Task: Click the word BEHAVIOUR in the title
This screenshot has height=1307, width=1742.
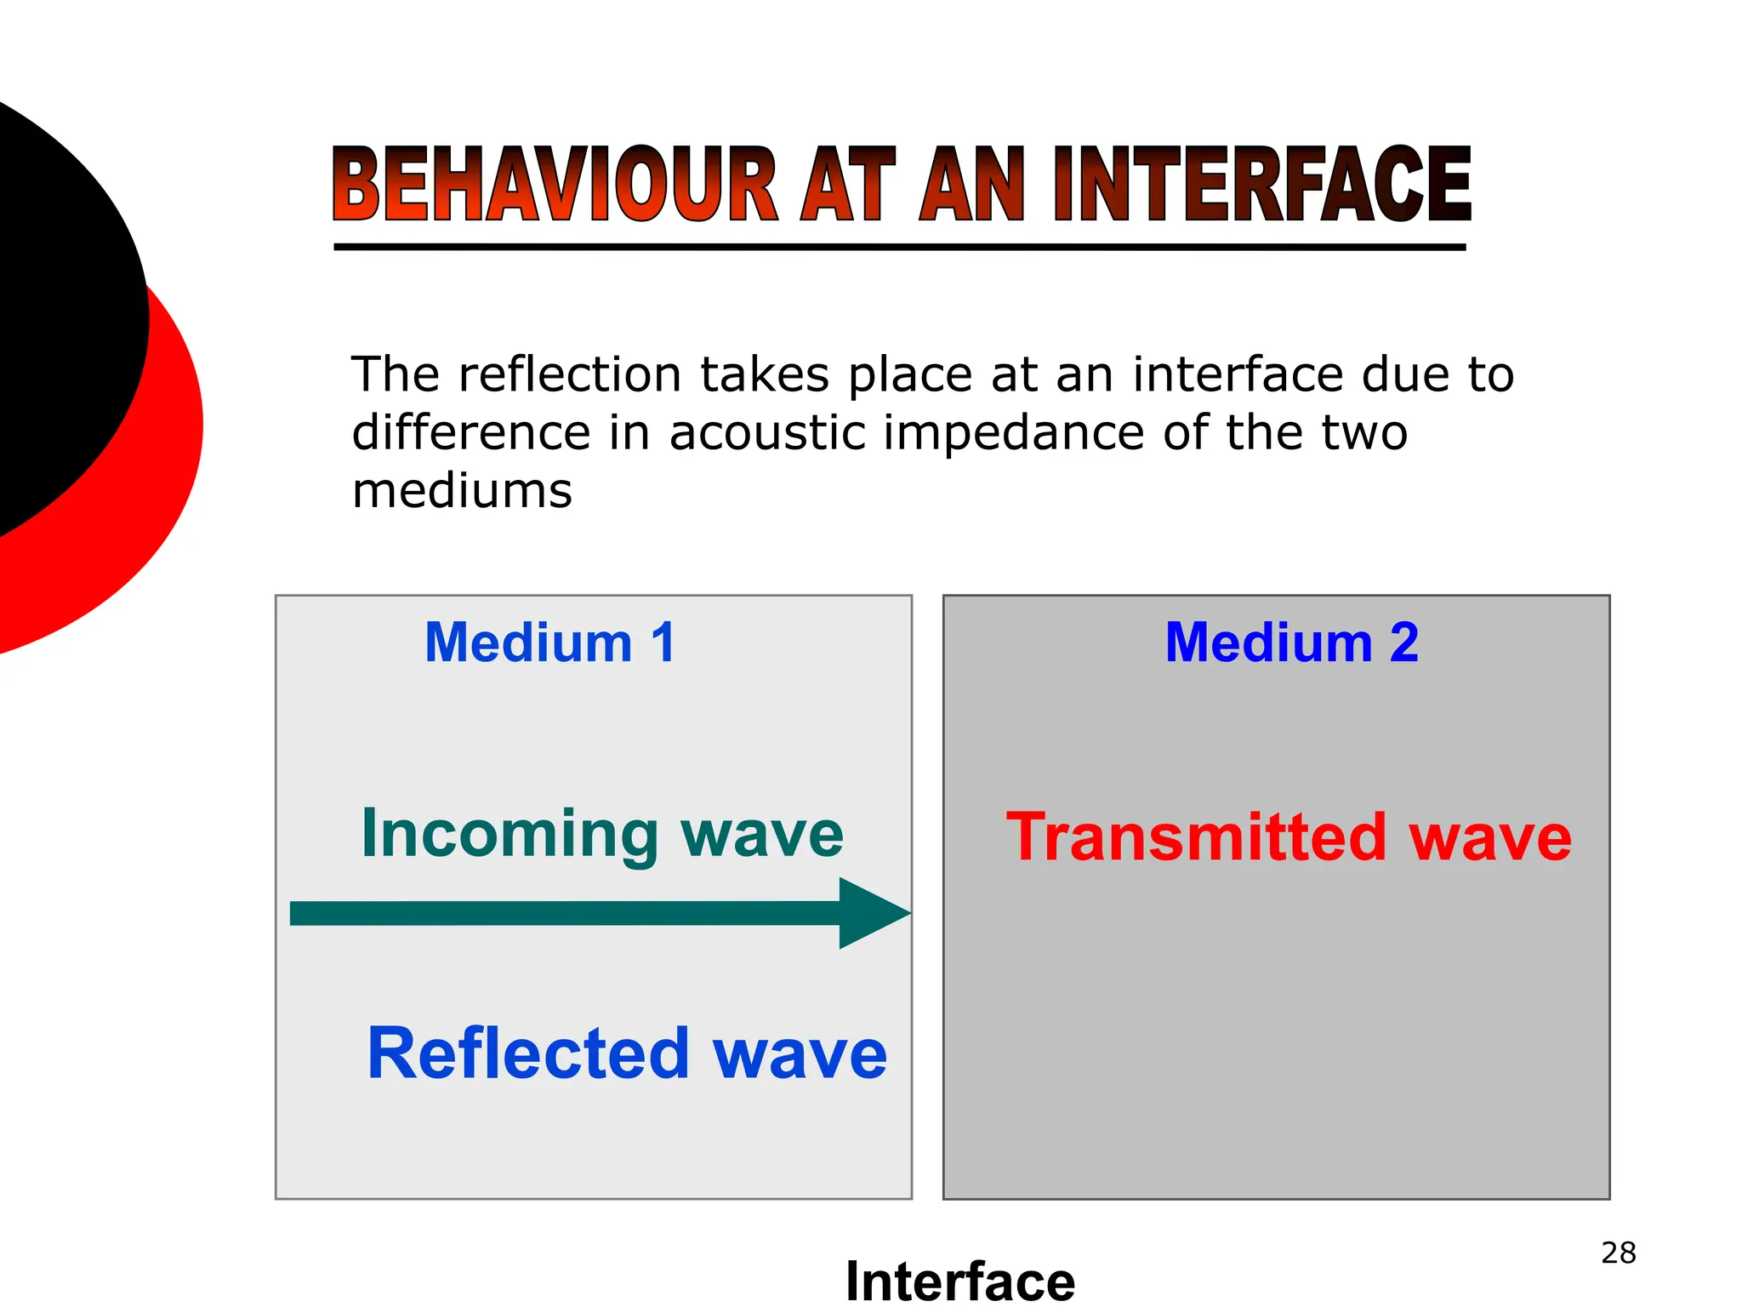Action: click(x=554, y=185)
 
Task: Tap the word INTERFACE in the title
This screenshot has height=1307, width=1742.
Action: click(x=1262, y=185)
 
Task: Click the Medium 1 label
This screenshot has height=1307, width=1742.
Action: click(x=550, y=642)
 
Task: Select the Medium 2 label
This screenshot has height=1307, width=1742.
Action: click(x=1291, y=642)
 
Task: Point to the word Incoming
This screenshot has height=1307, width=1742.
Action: click(x=510, y=836)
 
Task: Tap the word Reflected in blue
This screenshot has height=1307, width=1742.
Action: click(x=527, y=1053)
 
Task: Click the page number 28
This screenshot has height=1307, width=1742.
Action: click(x=1618, y=1253)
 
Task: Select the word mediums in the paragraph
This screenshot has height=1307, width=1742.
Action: click(x=462, y=491)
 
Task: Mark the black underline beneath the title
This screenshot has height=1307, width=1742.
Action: click(x=899, y=248)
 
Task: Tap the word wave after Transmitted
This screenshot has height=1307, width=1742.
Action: click(x=1489, y=837)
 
